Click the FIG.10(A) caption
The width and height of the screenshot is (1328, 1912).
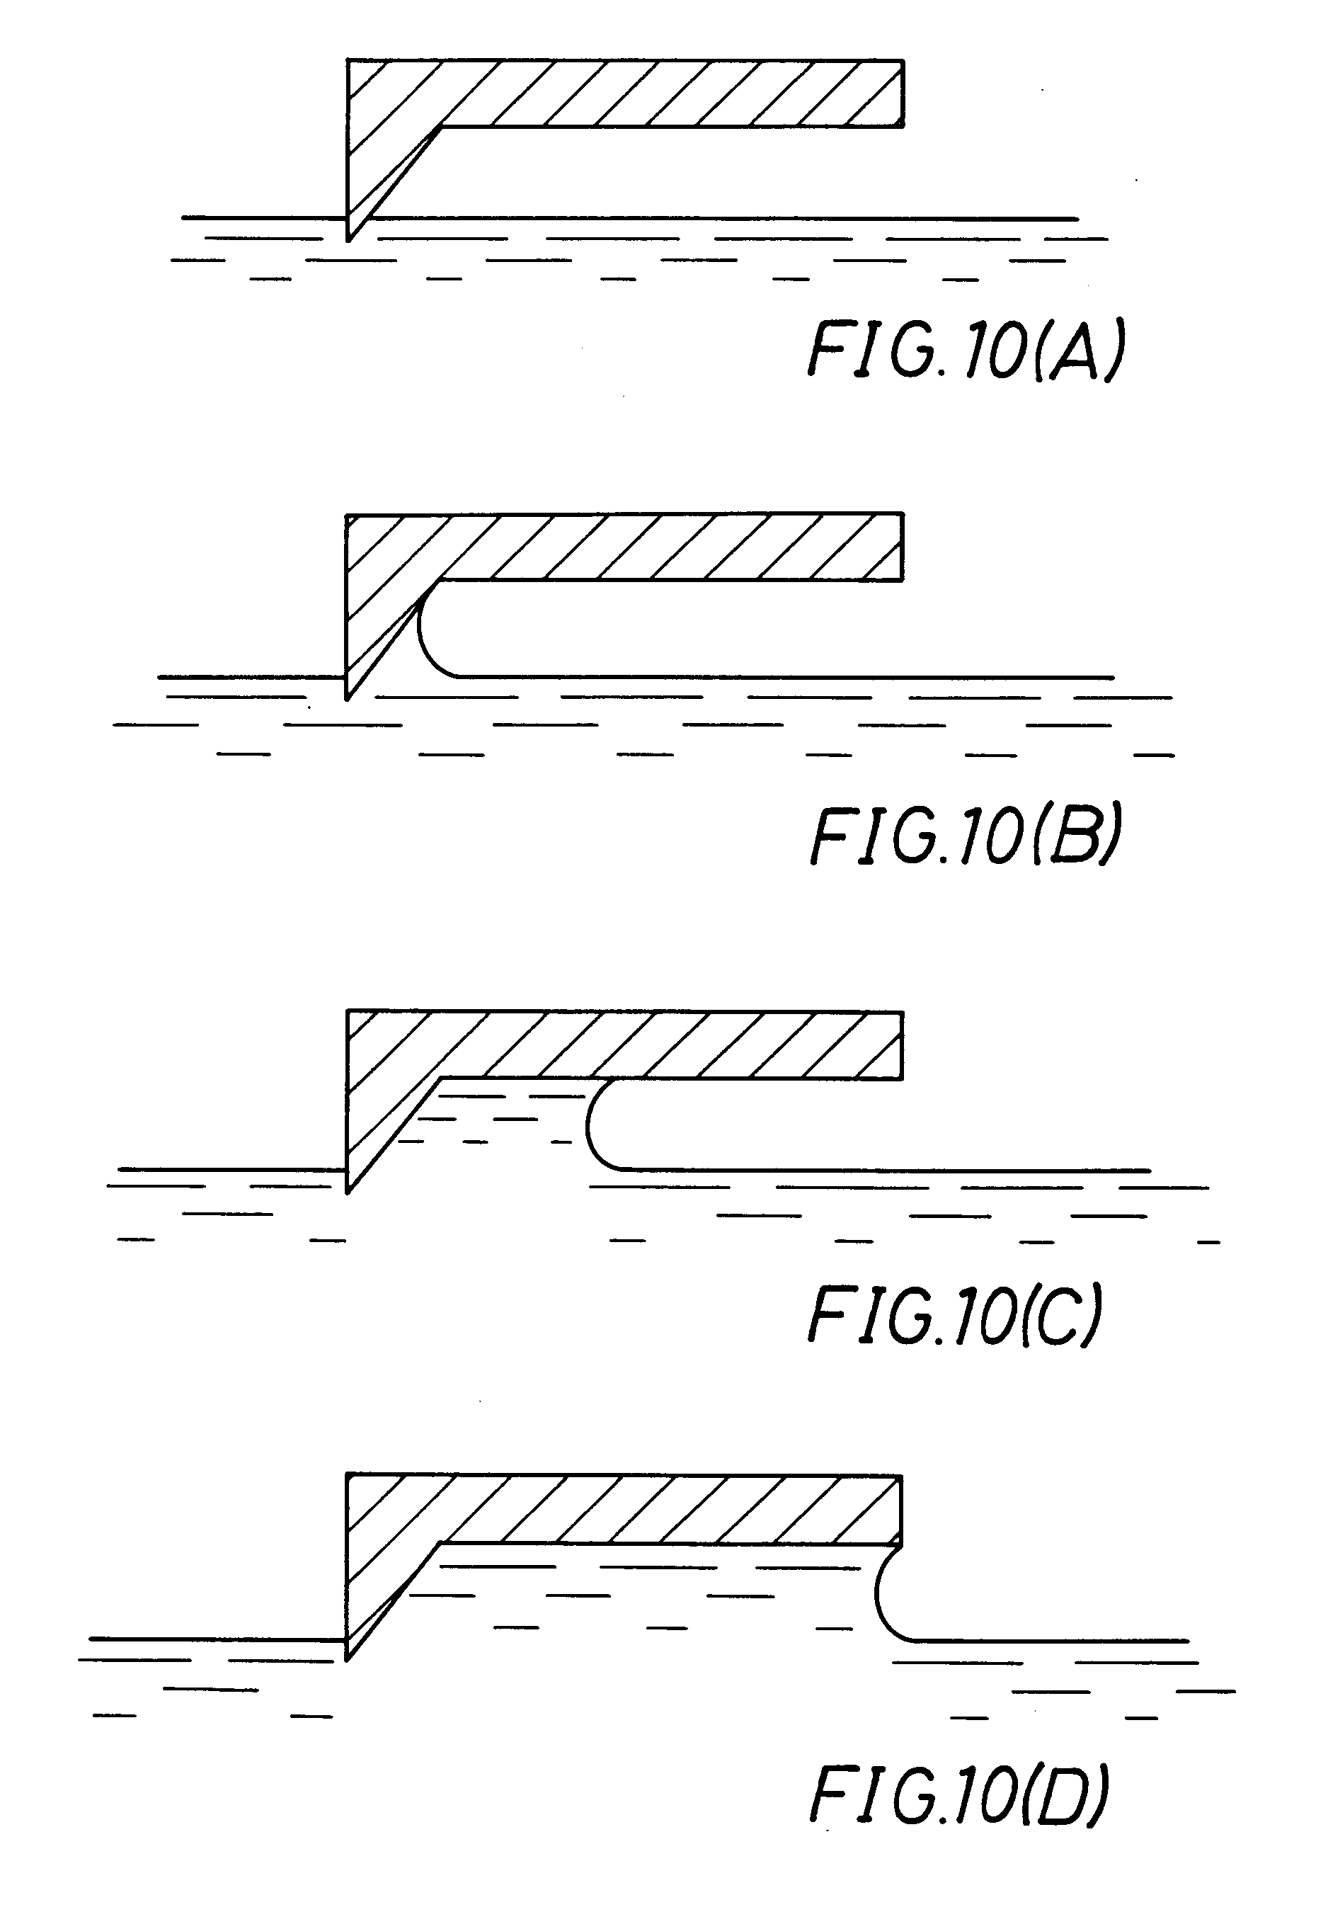tap(967, 351)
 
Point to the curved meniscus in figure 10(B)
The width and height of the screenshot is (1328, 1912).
tap(424, 637)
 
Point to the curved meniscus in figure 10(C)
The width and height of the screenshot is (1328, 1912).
tap(593, 1125)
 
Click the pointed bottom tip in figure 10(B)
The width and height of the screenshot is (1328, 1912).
tap(348, 698)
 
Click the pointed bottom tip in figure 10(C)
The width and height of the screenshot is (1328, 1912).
tap(348, 1191)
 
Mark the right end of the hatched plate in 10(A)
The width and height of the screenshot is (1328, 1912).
tap(902, 93)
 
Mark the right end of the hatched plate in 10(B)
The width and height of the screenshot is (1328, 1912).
tap(902, 547)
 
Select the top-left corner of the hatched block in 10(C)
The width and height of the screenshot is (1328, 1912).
tap(348, 1012)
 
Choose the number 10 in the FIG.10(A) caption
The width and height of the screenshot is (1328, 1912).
tap(995, 353)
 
